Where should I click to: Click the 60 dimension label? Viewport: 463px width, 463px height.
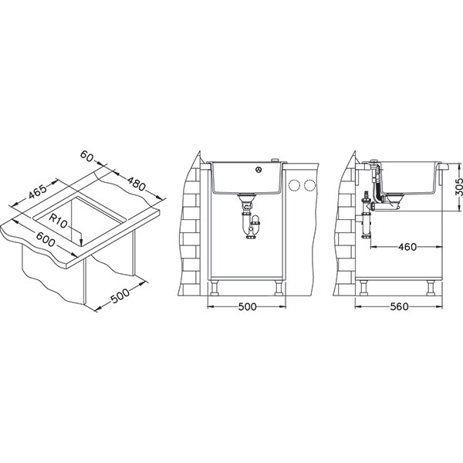[x=86, y=156]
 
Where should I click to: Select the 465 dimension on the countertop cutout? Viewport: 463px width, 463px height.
[x=38, y=192]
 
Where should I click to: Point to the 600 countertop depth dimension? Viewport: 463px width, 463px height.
[x=46, y=239]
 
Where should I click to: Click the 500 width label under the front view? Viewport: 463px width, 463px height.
[x=247, y=307]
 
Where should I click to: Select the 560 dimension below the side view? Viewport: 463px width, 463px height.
[x=399, y=307]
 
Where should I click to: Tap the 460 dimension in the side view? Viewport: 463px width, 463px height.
[x=407, y=247]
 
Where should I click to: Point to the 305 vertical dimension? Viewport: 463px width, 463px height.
[x=458, y=187]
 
